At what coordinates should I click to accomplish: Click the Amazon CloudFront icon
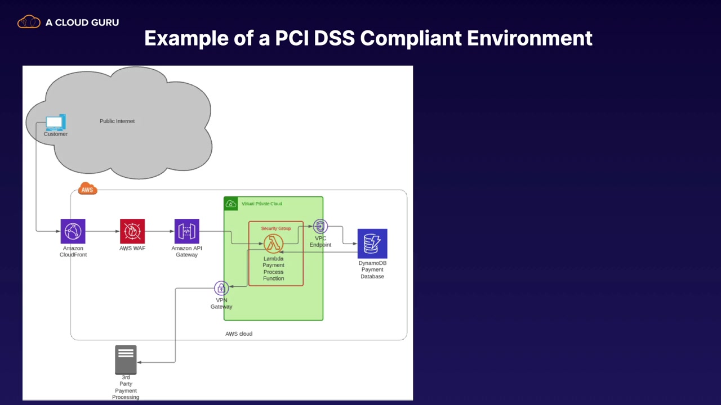pos(73,231)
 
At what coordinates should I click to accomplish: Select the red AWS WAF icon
pos(132,231)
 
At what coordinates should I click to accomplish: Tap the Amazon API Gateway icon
pos(186,231)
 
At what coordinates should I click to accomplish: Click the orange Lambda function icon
pos(274,244)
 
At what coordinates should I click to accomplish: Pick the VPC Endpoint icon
pos(320,227)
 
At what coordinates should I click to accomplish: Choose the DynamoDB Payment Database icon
pos(372,244)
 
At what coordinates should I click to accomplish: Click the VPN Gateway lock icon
pos(221,288)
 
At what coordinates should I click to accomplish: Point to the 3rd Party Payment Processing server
pos(126,359)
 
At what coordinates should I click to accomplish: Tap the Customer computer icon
pos(55,122)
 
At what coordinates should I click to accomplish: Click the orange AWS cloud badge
pos(87,189)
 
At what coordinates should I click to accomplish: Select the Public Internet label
pos(117,121)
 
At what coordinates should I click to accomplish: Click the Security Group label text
pos(276,228)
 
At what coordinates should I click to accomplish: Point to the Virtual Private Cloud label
pos(262,204)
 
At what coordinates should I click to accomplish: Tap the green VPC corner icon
pos(230,204)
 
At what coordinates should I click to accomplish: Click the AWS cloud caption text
pos(239,334)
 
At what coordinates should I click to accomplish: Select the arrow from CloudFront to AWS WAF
pos(103,231)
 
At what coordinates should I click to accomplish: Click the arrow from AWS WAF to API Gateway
pos(159,231)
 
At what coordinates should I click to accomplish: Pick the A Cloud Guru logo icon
pos(29,22)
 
